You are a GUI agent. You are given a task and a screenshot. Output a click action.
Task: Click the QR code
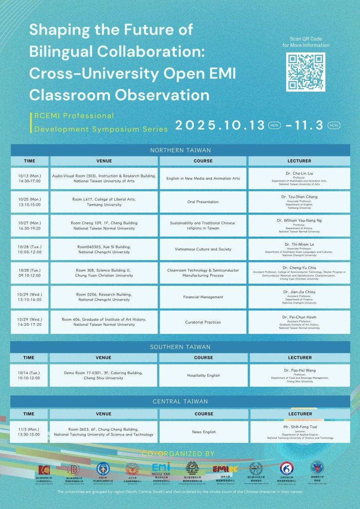click(x=306, y=72)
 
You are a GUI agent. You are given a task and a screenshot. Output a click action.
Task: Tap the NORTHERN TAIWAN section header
click(x=180, y=150)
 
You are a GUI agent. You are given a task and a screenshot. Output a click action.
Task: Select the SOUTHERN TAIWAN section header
click(x=180, y=347)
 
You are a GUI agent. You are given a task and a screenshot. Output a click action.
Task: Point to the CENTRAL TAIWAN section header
click(x=180, y=401)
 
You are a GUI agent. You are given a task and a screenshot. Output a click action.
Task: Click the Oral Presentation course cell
click(x=203, y=202)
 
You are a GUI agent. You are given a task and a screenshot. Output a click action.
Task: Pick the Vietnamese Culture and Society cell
click(x=203, y=249)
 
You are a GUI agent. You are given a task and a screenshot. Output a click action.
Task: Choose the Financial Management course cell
click(x=203, y=297)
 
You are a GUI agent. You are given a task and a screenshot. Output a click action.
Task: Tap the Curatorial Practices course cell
click(x=203, y=322)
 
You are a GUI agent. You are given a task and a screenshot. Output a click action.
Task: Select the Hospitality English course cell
click(x=203, y=375)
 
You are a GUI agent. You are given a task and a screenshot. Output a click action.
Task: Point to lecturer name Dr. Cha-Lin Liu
click(x=299, y=173)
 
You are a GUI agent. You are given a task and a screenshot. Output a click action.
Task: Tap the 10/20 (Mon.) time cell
click(x=30, y=202)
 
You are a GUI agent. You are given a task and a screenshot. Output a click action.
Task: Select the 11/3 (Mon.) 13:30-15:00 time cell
click(x=29, y=432)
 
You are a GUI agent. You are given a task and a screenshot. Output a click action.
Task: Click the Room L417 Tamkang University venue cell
click(x=104, y=202)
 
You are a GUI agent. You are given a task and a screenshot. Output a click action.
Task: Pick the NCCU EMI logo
click(x=161, y=469)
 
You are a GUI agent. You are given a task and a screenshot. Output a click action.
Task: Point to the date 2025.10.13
click(x=220, y=126)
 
